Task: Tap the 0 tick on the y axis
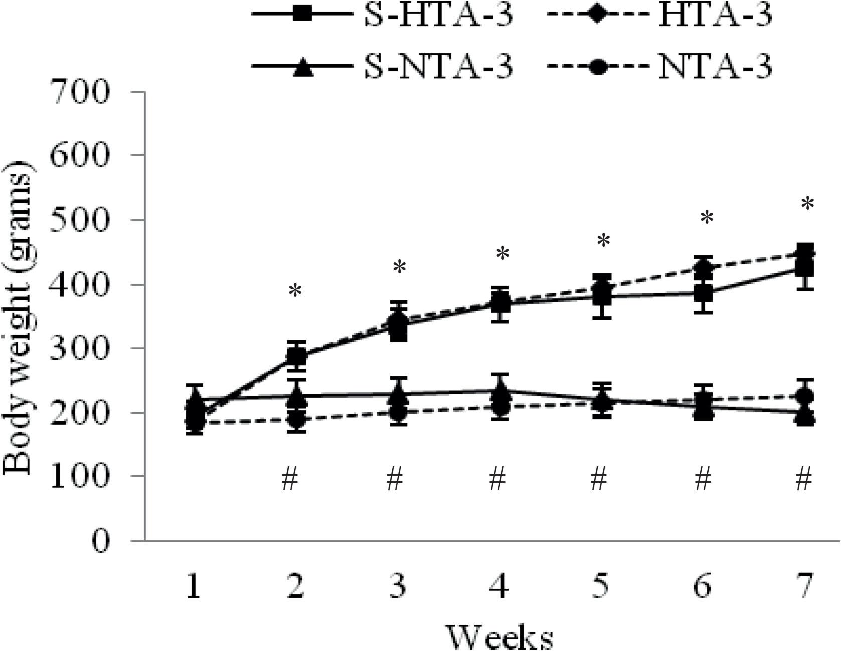(x=101, y=541)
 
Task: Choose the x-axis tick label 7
(x=804, y=586)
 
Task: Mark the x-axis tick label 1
(x=193, y=586)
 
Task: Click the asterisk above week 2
(x=295, y=291)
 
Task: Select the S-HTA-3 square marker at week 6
(x=704, y=294)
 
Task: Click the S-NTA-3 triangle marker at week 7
(x=805, y=417)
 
